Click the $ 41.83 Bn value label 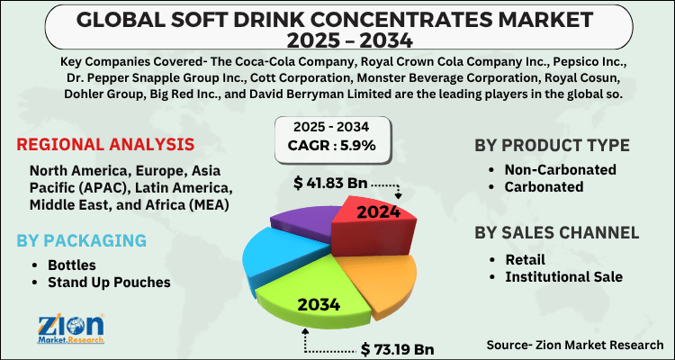coord(331,184)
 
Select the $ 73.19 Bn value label coord(398,346)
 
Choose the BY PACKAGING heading coord(81,241)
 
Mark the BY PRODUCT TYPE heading coord(552,146)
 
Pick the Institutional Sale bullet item coord(562,276)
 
